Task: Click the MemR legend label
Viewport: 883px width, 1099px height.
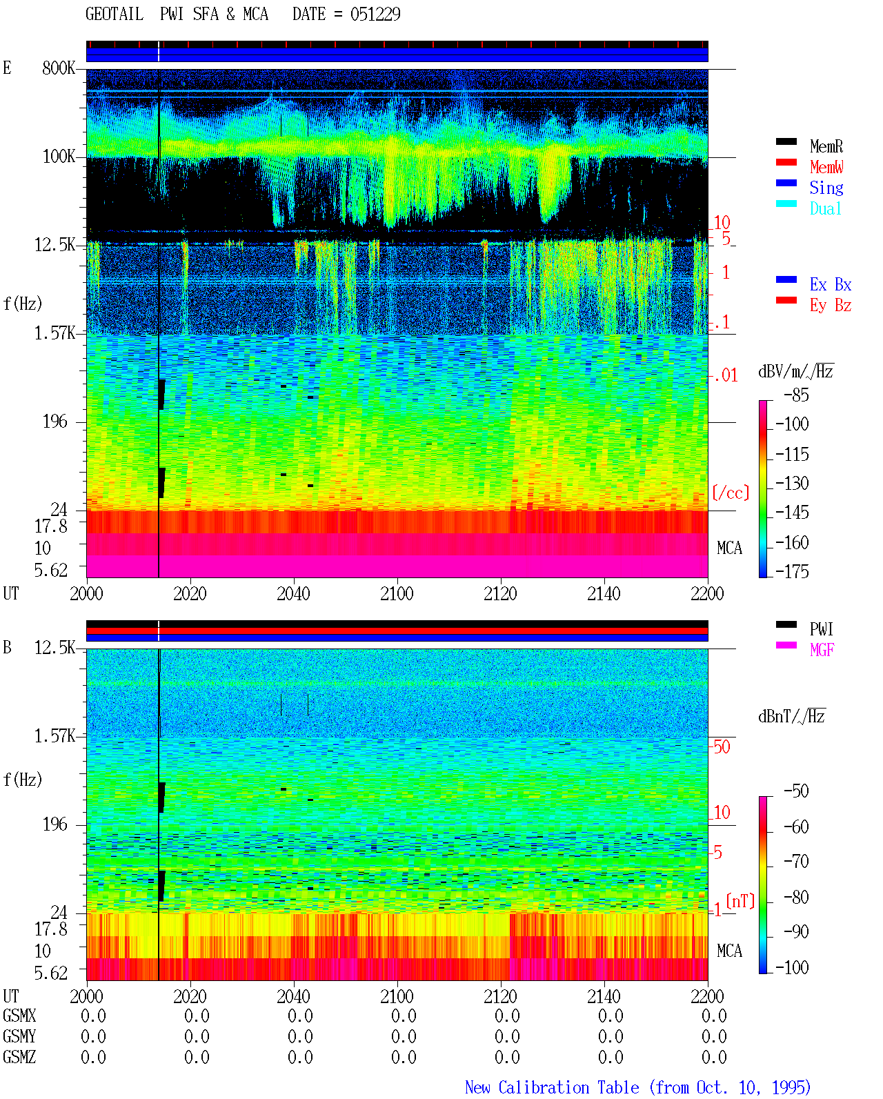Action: (826, 146)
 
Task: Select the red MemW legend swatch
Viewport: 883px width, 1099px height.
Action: (786, 162)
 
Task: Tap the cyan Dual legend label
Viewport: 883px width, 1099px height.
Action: (825, 208)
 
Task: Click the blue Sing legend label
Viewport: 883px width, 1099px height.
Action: (826, 188)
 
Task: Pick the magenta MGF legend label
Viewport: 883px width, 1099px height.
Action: (822, 650)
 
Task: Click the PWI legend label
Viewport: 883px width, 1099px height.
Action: (821, 628)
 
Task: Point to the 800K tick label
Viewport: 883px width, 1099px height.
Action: (59, 68)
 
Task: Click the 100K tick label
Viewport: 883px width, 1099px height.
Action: (59, 157)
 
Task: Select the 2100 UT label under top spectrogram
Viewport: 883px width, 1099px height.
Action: (397, 593)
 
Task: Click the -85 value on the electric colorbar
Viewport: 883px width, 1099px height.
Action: (796, 395)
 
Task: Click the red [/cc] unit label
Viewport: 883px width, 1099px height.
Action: (731, 493)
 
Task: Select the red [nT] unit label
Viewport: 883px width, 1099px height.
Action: (740, 901)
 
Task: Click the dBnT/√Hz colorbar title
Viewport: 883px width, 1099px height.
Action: (791, 716)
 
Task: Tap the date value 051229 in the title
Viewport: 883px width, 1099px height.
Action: (375, 14)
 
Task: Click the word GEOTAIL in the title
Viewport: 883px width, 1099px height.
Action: (115, 14)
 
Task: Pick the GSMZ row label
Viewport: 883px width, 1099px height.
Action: (19, 1057)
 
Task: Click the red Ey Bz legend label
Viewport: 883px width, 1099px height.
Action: (831, 306)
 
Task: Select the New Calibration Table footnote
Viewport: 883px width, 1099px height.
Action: (638, 1087)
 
